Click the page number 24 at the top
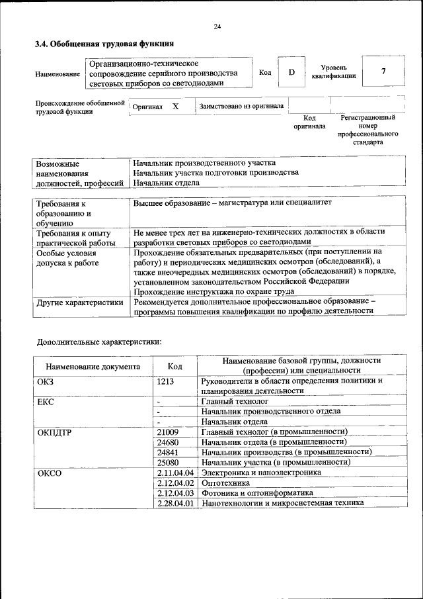pyautogui.click(x=217, y=26)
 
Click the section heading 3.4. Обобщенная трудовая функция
pyautogui.click(x=104, y=44)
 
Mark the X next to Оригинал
pyautogui.click(x=175, y=106)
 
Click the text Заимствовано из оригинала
pyautogui.click(x=242, y=106)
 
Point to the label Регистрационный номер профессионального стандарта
pyautogui.click(x=367, y=130)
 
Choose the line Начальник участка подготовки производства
pyautogui.click(x=215, y=173)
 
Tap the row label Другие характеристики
pyautogui.click(x=80, y=302)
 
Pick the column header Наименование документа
pyautogui.click(x=93, y=366)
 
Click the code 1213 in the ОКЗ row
pyautogui.click(x=166, y=381)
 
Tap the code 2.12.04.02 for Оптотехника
pyautogui.click(x=175, y=483)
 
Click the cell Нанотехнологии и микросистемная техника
pyautogui.click(x=283, y=503)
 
